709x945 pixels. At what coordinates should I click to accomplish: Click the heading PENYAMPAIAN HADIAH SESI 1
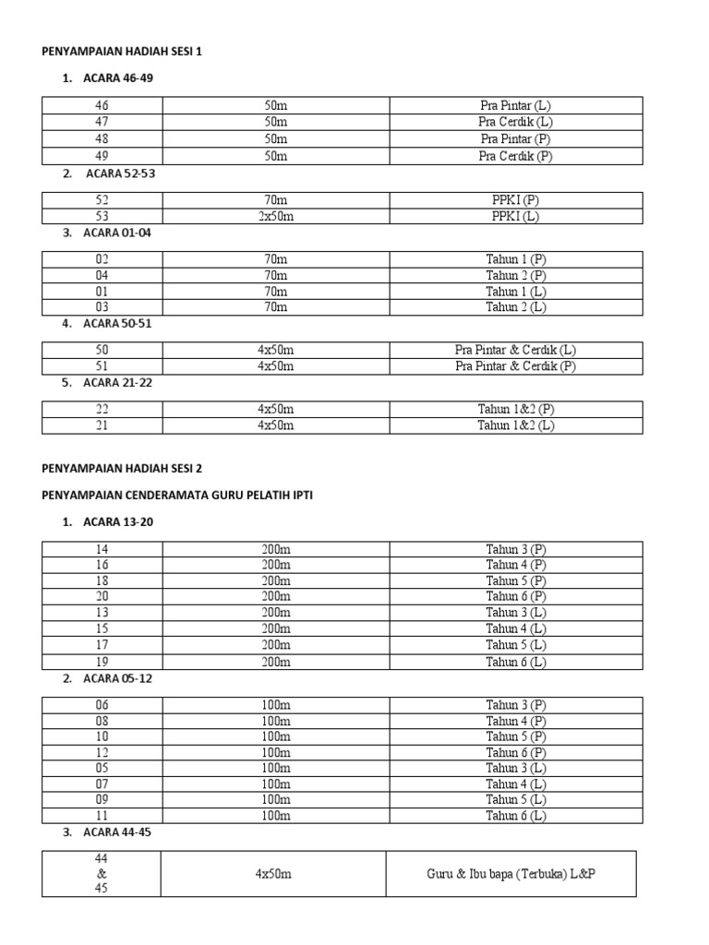point(121,52)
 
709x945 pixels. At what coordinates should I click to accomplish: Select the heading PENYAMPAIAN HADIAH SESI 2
point(121,468)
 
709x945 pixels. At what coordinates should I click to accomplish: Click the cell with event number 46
point(102,105)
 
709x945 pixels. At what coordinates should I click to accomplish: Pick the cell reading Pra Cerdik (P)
point(515,156)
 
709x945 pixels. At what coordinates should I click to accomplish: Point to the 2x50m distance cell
point(275,216)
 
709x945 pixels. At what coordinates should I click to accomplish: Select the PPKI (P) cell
point(515,199)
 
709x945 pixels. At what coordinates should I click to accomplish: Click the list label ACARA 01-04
point(116,233)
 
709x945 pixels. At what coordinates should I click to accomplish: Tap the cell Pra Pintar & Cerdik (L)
point(515,350)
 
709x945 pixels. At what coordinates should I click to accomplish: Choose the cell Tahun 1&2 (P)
point(515,409)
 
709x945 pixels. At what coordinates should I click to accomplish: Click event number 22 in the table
point(102,409)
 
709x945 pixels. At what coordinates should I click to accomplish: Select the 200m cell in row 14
point(275,549)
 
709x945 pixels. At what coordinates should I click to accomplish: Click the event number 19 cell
point(102,662)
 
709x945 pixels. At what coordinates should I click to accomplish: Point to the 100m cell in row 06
point(275,705)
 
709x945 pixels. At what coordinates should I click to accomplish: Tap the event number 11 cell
point(102,816)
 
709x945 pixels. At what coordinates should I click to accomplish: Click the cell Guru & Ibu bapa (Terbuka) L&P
point(510,874)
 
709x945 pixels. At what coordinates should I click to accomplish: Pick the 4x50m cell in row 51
point(275,366)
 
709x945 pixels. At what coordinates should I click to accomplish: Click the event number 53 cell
point(102,216)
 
